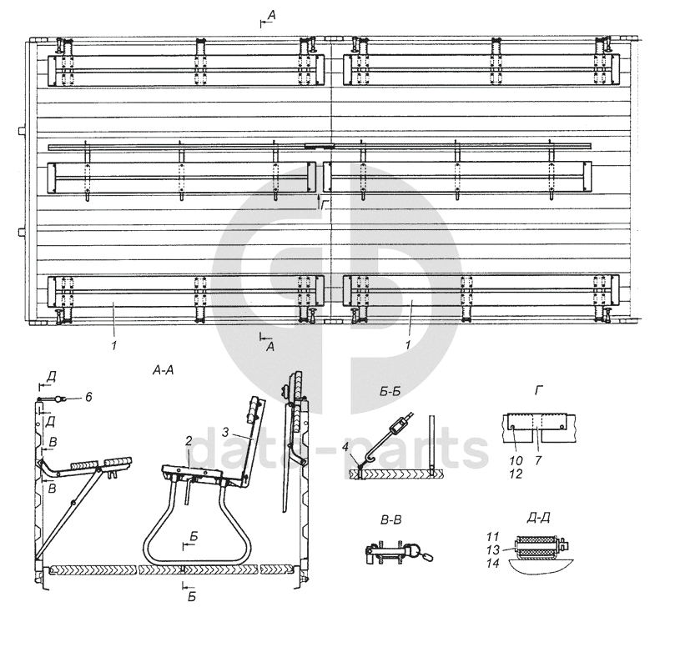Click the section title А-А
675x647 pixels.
(x=164, y=370)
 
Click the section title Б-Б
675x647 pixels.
(x=390, y=392)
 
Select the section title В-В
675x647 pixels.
(x=390, y=520)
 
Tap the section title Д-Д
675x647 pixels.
(x=538, y=518)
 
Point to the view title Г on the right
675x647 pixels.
(x=538, y=390)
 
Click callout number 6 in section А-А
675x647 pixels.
(x=88, y=397)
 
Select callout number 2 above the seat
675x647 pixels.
(x=189, y=440)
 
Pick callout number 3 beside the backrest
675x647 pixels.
(x=225, y=432)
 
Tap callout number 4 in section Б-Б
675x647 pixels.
(x=345, y=447)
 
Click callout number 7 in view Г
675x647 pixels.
(x=538, y=460)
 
